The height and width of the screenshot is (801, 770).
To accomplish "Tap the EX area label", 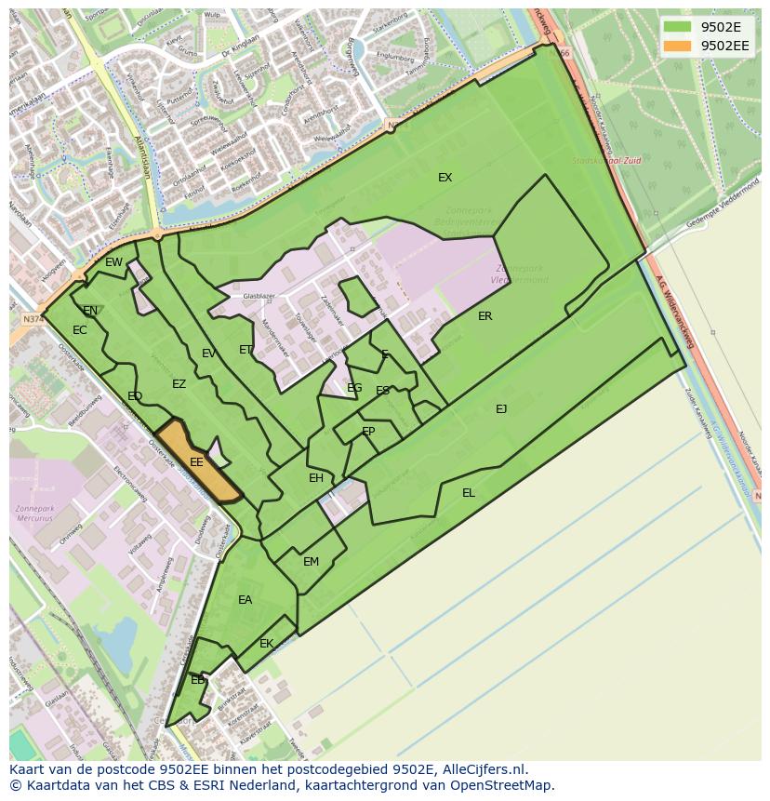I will [445, 178].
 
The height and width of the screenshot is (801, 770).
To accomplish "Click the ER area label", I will [485, 316].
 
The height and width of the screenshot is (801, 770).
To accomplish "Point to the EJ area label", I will [501, 408].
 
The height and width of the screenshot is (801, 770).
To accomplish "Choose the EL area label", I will [469, 493].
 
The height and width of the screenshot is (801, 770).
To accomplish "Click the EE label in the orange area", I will [196, 462].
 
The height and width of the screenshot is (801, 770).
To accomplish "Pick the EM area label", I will [311, 562].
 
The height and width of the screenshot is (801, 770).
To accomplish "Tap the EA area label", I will [245, 600].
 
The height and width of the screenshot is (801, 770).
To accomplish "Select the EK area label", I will [267, 644].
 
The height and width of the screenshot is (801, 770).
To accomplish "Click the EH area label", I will [316, 478].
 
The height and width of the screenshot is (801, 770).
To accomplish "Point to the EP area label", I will [368, 432].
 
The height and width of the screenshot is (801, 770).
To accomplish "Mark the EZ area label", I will [179, 384].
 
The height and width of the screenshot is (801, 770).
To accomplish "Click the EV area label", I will [208, 354].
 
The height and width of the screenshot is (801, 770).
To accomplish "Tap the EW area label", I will [113, 262].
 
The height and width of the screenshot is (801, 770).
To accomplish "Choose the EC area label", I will [79, 330].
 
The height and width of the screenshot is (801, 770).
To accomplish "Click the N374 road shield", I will [33, 319].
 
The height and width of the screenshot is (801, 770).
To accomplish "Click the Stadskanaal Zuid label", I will [606, 161].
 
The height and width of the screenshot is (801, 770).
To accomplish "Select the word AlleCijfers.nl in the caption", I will [485, 769].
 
